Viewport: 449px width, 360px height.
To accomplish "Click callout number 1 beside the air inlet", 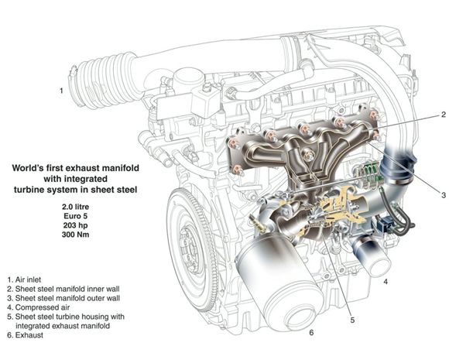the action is pyautogui.click(x=61, y=91).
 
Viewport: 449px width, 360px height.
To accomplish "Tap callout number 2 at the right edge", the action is pyautogui.click(x=444, y=115).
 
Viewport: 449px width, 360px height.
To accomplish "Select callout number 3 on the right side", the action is pyautogui.click(x=444, y=195).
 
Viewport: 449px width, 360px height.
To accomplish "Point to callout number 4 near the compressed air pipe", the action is pyautogui.click(x=386, y=282).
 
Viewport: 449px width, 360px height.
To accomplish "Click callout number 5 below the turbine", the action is pyautogui.click(x=352, y=320).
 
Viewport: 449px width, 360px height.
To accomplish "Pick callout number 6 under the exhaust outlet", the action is pyautogui.click(x=311, y=332).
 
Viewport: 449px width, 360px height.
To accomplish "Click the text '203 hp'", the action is pyautogui.click(x=76, y=225).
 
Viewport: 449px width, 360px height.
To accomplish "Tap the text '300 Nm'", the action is pyautogui.click(x=76, y=235).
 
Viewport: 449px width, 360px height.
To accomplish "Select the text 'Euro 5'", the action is pyautogui.click(x=76, y=216).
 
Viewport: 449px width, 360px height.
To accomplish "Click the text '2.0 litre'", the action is pyautogui.click(x=76, y=207).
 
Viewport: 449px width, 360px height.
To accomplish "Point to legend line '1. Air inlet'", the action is pyautogui.click(x=24, y=279).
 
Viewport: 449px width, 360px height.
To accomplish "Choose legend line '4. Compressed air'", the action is pyautogui.click(x=39, y=307).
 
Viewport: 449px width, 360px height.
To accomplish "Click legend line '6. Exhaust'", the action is pyautogui.click(x=26, y=335).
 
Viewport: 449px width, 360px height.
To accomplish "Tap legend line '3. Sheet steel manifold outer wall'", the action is pyautogui.click(x=63, y=298).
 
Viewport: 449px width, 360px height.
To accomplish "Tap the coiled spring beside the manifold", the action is pyautogui.click(x=368, y=174).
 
